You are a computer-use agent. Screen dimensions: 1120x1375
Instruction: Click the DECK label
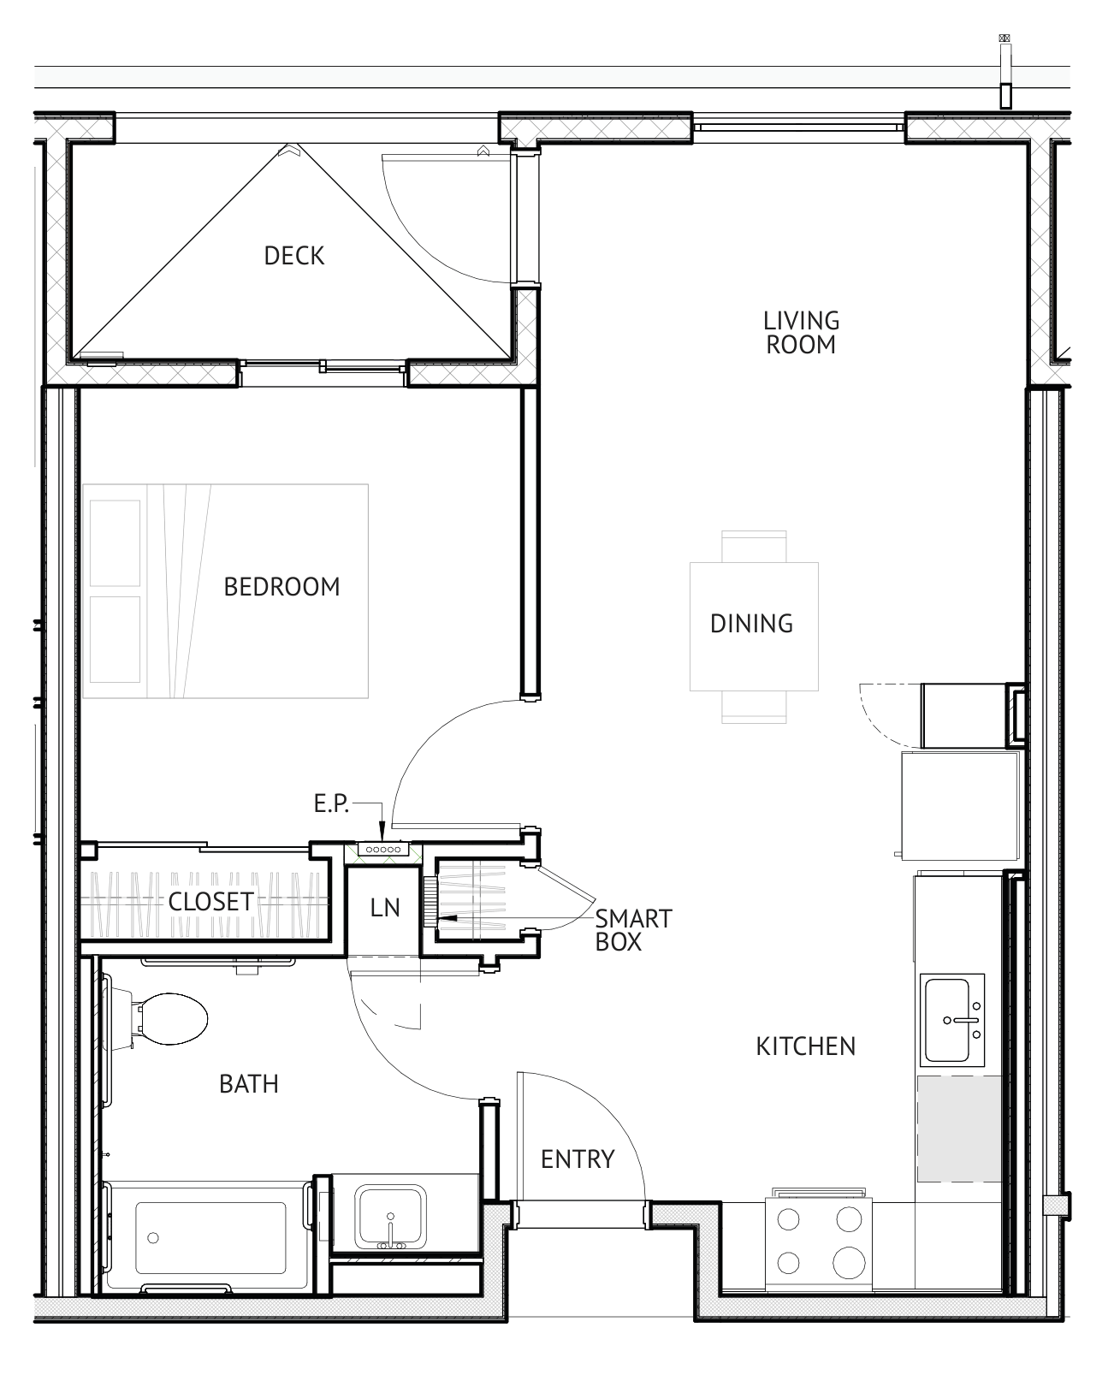pos(293,257)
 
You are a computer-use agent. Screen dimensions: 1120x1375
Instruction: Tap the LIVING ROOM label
pos(801,333)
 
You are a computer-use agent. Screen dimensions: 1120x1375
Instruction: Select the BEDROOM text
pos(281,587)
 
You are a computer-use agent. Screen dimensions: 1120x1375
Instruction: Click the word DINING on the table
pos(751,624)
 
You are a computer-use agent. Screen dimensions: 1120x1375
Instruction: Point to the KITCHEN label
pos(806,1046)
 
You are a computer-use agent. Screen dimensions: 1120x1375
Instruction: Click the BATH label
pos(248,1084)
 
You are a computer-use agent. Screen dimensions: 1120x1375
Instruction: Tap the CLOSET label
pos(210,902)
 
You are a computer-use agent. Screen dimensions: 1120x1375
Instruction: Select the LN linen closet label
pos(385,909)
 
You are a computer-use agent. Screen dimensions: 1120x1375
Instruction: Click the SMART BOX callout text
pos(633,930)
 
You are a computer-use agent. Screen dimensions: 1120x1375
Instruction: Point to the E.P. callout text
pos(331,803)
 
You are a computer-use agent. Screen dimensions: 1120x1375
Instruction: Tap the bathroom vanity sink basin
pos(390,1216)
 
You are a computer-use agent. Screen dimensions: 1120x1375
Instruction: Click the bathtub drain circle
pos(153,1237)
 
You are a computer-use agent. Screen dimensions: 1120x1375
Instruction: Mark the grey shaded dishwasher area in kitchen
pos(958,1129)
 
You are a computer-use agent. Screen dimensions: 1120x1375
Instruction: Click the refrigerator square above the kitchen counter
pos(960,806)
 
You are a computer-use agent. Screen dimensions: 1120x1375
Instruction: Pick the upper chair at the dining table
pos(754,546)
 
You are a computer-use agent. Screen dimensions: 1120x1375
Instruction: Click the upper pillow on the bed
pos(115,543)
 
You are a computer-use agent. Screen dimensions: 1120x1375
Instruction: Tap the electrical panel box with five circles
pos(383,850)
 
